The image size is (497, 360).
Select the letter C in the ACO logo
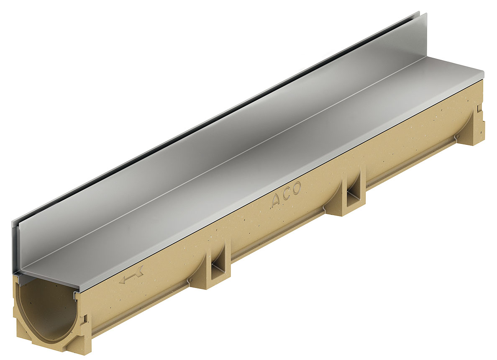point(287,195)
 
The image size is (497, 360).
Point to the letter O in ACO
point(296,189)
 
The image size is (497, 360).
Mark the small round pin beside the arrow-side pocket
point(190,280)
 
